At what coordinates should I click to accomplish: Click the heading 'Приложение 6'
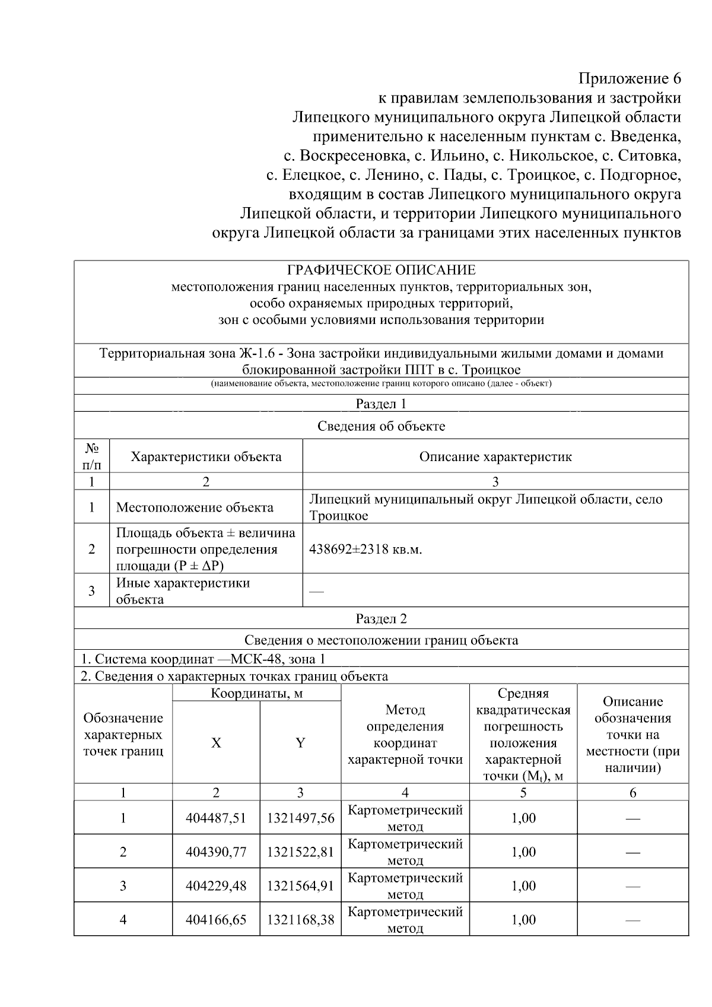pos(630,79)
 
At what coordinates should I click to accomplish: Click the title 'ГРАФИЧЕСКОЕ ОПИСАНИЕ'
pos(381,271)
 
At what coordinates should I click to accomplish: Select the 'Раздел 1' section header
pos(381,404)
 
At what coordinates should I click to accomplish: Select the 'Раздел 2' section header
pos(381,619)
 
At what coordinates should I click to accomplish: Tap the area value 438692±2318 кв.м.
pos(365,549)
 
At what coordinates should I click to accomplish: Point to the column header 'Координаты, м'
pos(256,693)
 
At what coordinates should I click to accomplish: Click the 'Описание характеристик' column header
pos(495,456)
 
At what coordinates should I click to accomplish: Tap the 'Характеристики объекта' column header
pos(206,456)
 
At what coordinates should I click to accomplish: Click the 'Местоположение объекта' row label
pos(195,507)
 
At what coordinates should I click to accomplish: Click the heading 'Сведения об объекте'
pos(381,426)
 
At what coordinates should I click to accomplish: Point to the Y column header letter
pos(300,743)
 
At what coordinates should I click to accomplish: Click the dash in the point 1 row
pos(632,819)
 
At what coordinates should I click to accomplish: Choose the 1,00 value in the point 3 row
pos(523,886)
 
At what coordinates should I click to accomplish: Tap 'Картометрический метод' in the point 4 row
pos(405,920)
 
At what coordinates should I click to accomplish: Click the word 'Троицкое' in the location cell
pos(339,516)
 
